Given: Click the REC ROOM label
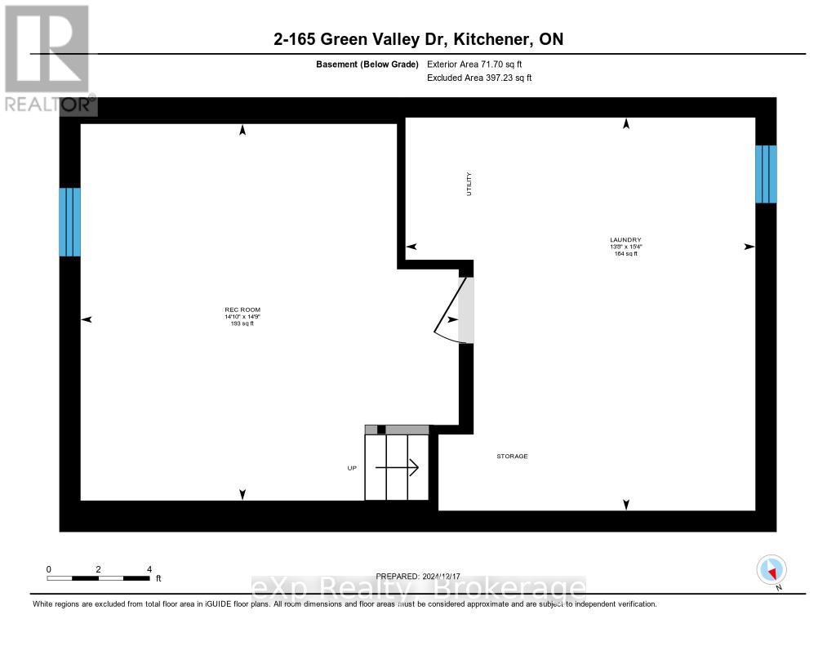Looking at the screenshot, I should (242, 310).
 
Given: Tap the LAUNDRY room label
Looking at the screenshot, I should (625, 239).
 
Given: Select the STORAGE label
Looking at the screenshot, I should (512, 456).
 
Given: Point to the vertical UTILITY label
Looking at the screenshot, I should (469, 183).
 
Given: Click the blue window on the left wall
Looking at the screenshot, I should (69, 221).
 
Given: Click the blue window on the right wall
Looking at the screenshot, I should (766, 173).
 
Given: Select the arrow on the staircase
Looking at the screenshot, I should (397, 468).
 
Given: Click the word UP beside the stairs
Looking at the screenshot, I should (353, 468).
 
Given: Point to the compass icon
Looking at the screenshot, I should (772, 569).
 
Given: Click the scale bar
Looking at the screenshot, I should (98, 578).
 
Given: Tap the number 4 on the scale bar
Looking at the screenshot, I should (149, 568).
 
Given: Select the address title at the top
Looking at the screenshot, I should (418, 39).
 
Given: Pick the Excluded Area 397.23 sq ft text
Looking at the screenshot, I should (479, 78).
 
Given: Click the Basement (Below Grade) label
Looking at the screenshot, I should (367, 64).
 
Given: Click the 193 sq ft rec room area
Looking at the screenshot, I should (242, 324).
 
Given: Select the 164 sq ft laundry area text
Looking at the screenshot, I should (625, 254).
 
